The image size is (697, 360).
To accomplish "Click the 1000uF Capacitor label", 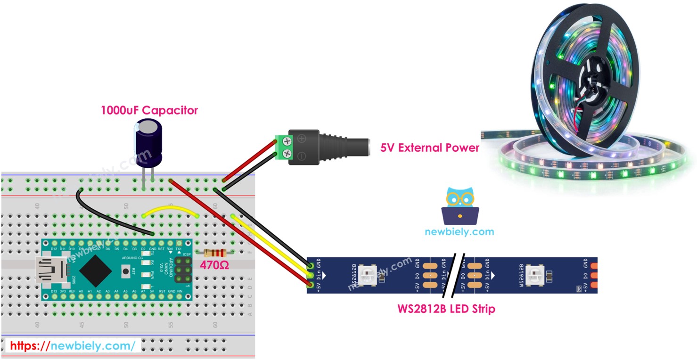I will [x=149, y=110].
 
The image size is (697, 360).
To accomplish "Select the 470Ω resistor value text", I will [x=214, y=265].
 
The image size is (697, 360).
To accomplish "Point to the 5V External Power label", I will [x=429, y=147].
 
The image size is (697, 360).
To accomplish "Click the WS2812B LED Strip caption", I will [x=445, y=309].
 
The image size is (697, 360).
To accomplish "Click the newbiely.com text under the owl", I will [x=459, y=232].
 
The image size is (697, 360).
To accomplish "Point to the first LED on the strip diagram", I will [x=367, y=275].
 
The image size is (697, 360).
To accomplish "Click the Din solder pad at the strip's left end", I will [x=310, y=275].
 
